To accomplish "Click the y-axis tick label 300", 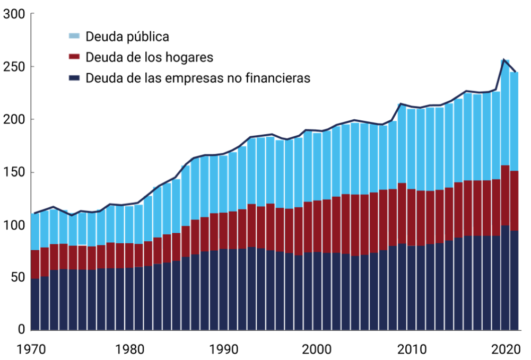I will click(14, 14).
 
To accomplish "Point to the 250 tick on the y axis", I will click(14, 67).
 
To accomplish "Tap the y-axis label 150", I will click(14, 172).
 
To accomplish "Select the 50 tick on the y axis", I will click(17, 278).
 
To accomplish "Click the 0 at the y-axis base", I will click(21, 330).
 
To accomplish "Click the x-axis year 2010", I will click(410, 350).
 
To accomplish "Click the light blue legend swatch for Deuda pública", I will click(75, 37).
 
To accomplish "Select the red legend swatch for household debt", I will click(75, 57).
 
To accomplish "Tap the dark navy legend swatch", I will click(75, 78).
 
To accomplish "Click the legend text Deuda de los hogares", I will click(149, 57).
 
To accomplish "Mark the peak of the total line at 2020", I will click(504, 59).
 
